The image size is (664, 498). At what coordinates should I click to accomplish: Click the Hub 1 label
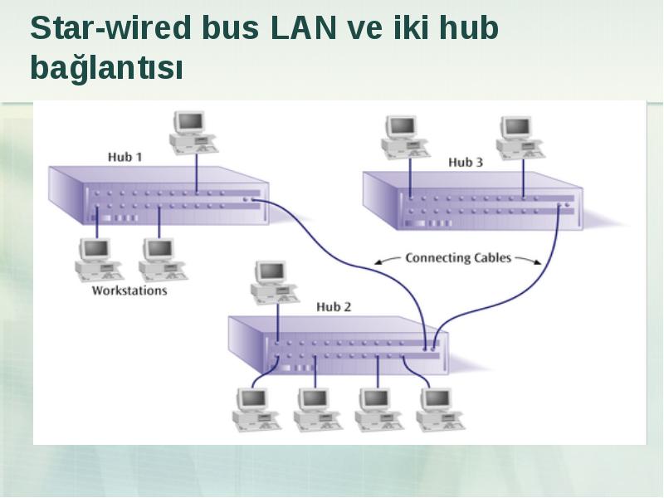pyautogui.click(x=125, y=157)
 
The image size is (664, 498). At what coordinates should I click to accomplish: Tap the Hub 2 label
pyautogui.click(x=334, y=306)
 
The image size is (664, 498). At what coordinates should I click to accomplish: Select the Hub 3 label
pyautogui.click(x=466, y=162)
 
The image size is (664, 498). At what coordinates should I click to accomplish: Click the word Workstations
pyautogui.click(x=129, y=290)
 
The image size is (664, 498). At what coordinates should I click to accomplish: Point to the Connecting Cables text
pyautogui.click(x=458, y=258)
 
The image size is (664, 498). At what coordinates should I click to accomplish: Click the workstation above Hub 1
pyautogui.click(x=194, y=132)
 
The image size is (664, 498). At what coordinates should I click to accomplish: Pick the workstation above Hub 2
pyautogui.click(x=275, y=282)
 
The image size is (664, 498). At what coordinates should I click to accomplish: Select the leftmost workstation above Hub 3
pyautogui.click(x=405, y=137)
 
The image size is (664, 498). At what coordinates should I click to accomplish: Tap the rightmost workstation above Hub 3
pyautogui.click(x=520, y=138)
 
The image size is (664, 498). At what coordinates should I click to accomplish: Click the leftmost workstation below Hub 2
pyautogui.click(x=256, y=409)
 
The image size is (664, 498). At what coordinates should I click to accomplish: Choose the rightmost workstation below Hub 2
pyautogui.click(x=441, y=409)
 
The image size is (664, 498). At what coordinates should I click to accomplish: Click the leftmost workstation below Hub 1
pyautogui.click(x=100, y=260)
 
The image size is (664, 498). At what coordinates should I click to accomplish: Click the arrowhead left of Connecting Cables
pyautogui.click(x=378, y=262)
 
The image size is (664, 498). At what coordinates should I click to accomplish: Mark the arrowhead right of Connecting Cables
pyautogui.click(x=538, y=262)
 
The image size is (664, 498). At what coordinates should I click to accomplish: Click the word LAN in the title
pyautogui.click(x=302, y=28)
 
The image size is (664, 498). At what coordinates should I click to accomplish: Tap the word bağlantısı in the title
pyautogui.click(x=107, y=67)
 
